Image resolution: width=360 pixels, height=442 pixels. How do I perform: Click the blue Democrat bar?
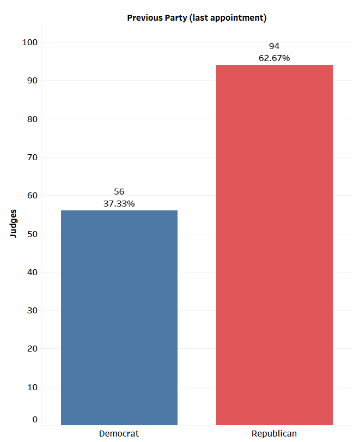click(119, 317)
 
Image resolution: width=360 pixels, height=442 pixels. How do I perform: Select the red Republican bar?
click(274, 245)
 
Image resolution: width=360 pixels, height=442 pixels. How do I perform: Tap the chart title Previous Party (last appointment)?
click(197, 18)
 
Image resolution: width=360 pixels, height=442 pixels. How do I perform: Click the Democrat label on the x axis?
click(119, 434)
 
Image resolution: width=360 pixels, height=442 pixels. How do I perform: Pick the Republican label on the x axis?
click(274, 434)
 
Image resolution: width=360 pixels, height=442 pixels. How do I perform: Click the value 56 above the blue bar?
click(119, 192)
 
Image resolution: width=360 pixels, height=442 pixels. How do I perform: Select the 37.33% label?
click(119, 203)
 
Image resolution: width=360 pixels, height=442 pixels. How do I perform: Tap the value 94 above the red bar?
click(274, 46)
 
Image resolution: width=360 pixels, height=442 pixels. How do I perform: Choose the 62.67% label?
click(274, 58)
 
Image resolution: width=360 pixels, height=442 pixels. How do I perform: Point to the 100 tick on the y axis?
click(29, 43)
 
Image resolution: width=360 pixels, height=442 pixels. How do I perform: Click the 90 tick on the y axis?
click(32, 81)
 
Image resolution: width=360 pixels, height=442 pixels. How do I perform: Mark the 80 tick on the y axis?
click(32, 119)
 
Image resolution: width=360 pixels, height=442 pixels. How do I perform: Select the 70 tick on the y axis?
click(32, 158)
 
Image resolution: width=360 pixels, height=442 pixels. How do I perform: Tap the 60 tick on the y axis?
click(32, 196)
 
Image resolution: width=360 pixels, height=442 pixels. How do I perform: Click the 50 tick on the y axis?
click(32, 234)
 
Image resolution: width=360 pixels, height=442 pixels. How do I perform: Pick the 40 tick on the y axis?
click(32, 272)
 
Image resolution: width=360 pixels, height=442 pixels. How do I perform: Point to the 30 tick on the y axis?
click(32, 311)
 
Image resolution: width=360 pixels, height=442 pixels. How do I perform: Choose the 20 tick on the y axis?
click(32, 349)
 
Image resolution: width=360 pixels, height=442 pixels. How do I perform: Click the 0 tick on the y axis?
click(35, 419)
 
